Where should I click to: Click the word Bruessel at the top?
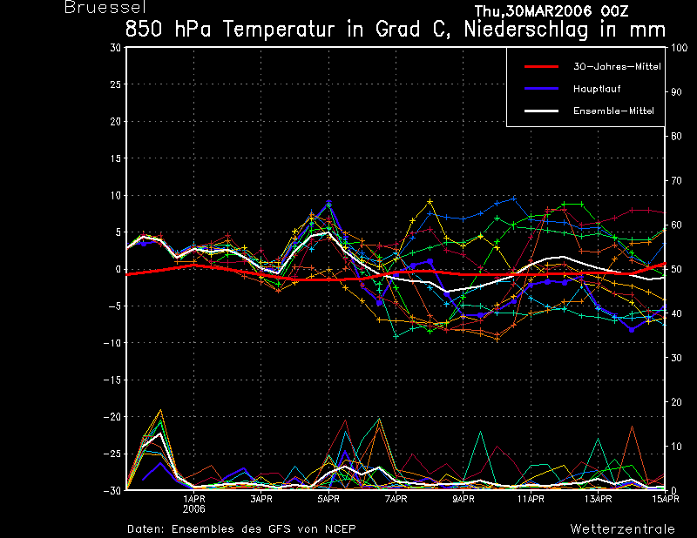click(x=105, y=7)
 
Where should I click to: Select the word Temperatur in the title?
click(x=279, y=30)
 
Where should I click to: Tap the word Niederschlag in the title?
click(x=526, y=30)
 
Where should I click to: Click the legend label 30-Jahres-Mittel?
click(x=617, y=67)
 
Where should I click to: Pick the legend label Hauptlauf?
click(x=597, y=89)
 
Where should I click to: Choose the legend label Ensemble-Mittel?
click(x=613, y=111)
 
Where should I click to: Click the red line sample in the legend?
click(x=541, y=67)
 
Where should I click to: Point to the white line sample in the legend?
click(x=541, y=111)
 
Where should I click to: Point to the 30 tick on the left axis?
click(x=115, y=48)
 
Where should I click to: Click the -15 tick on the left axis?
click(x=112, y=380)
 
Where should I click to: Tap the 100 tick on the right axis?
click(x=679, y=48)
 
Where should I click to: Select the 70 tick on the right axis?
click(x=676, y=180)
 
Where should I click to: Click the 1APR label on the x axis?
click(x=193, y=499)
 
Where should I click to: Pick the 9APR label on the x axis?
click(x=464, y=499)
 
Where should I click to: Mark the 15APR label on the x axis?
click(x=666, y=499)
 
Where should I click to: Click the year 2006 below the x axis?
click(x=193, y=508)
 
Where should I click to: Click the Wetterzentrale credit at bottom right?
click(x=622, y=528)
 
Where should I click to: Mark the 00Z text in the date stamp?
click(x=614, y=10)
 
